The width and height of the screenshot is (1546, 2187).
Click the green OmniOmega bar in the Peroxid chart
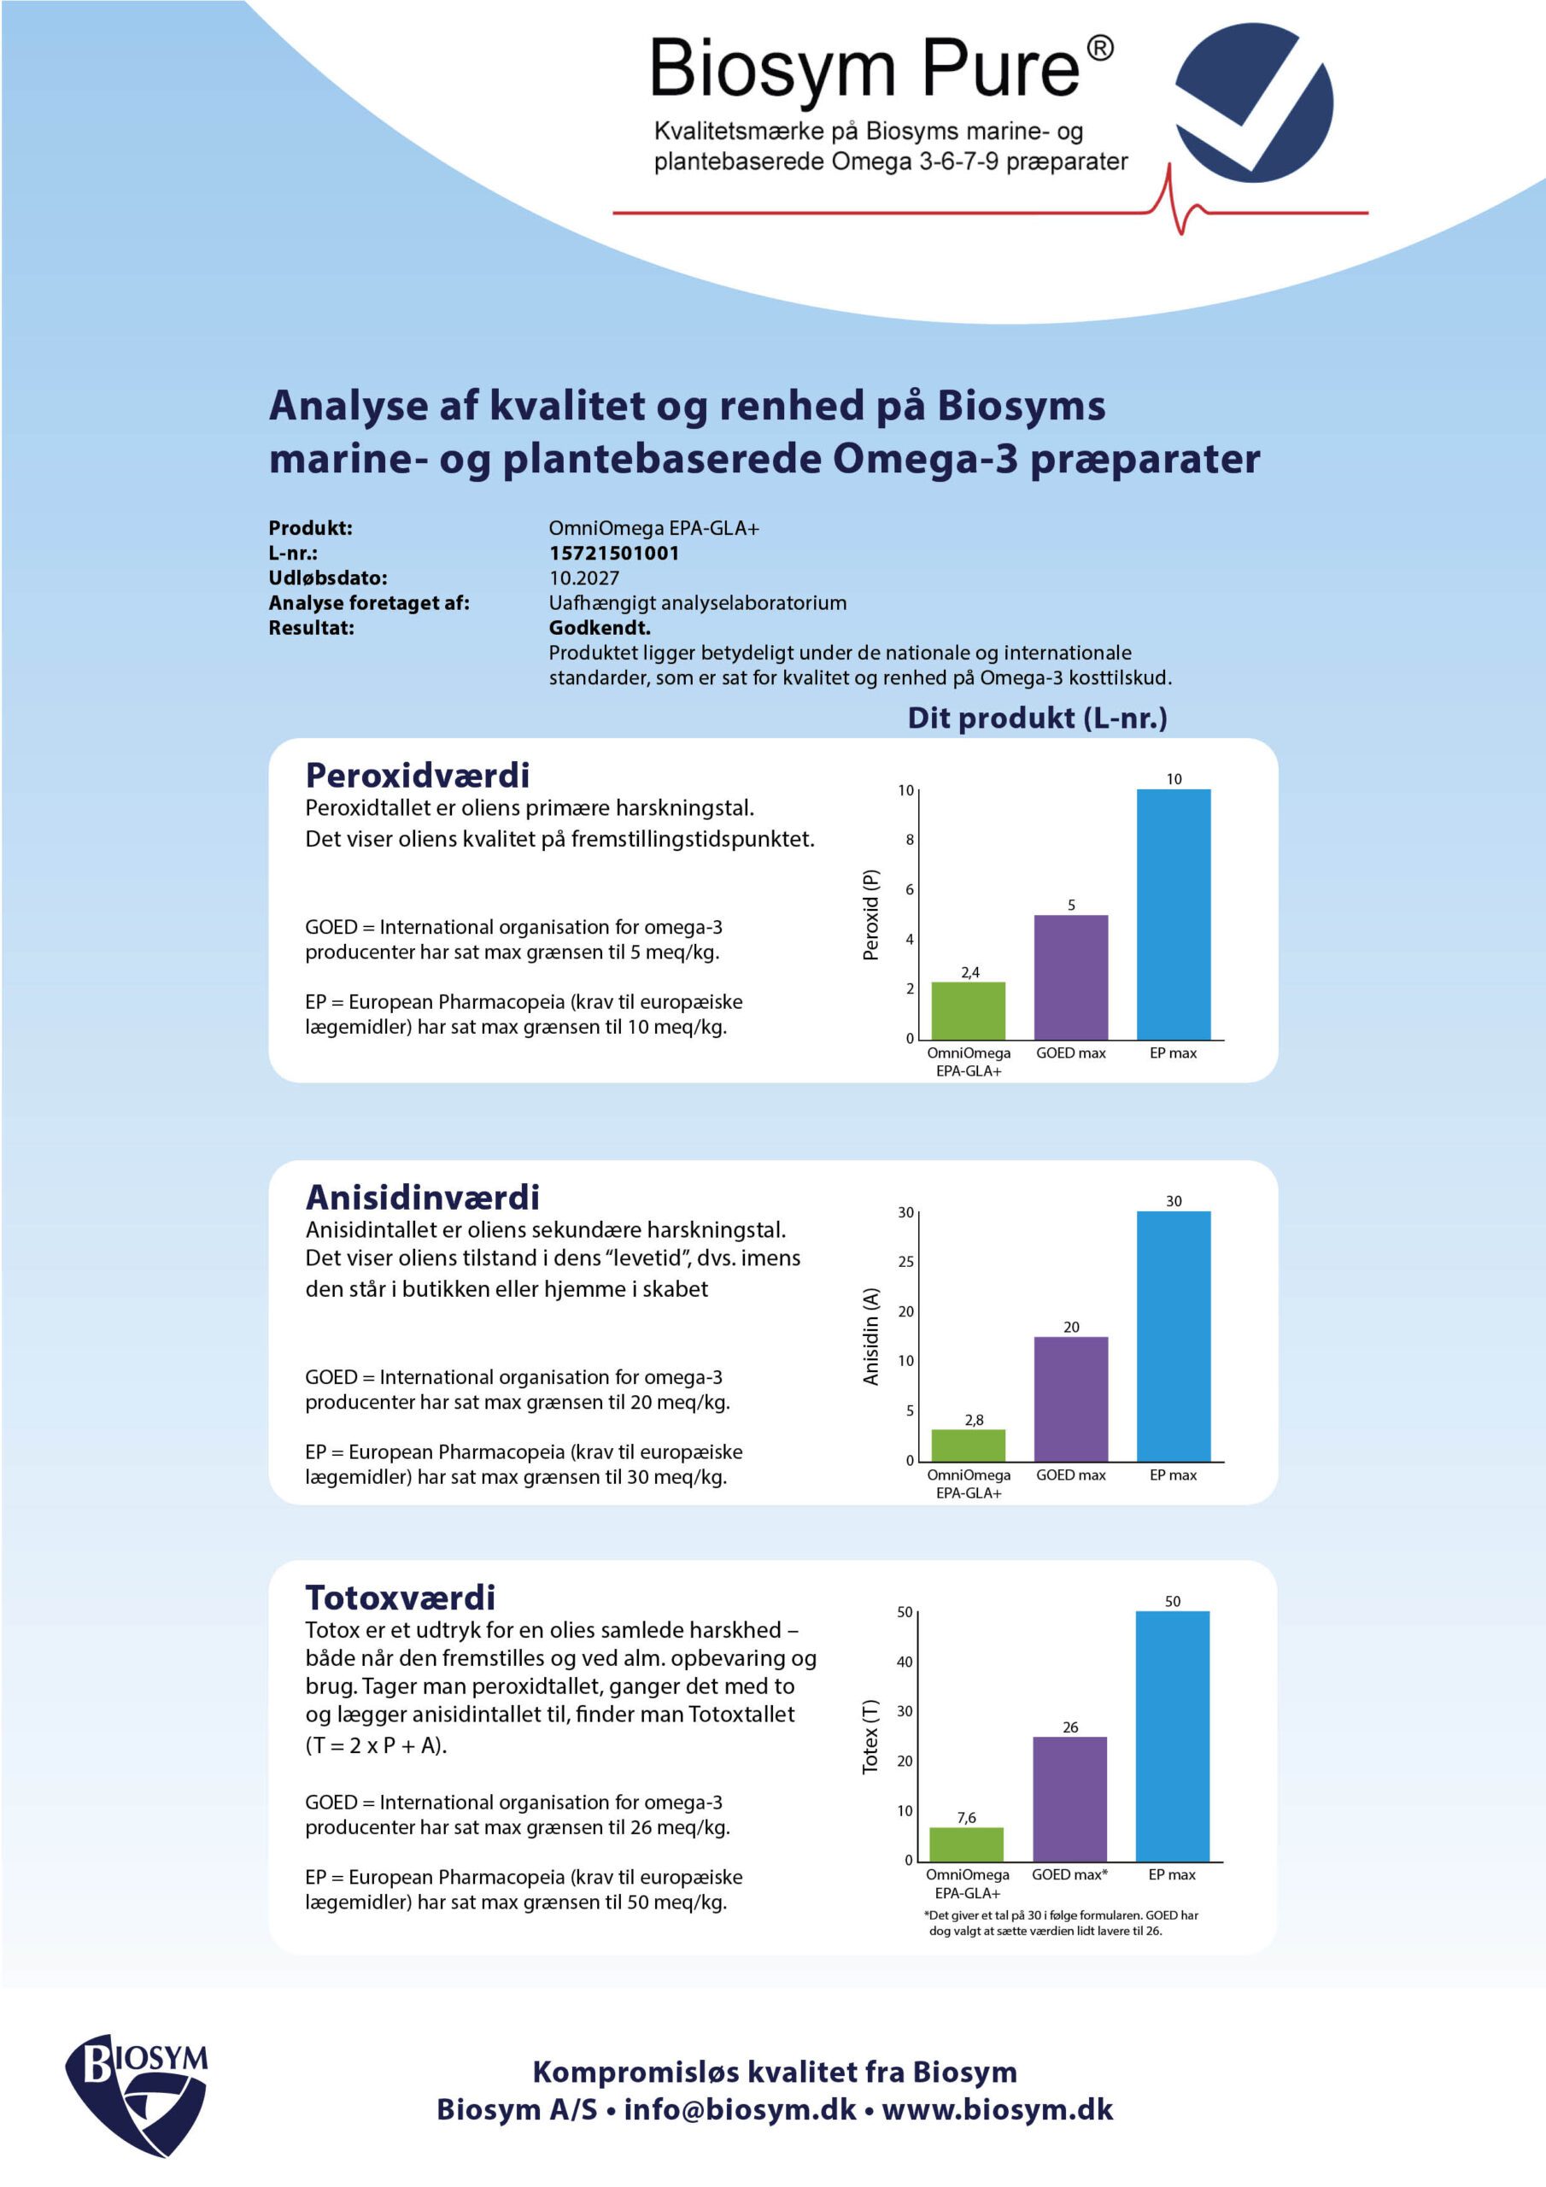point(968,1011)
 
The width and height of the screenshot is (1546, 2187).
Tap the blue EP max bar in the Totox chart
point(1172,1735)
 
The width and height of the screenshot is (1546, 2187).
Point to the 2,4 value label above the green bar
point(969,972)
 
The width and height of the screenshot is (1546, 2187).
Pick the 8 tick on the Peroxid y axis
point(910,840)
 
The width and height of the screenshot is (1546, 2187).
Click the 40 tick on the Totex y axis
point(905,1662)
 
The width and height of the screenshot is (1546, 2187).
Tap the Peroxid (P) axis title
point(870,914)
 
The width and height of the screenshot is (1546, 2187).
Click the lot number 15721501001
point(613,554)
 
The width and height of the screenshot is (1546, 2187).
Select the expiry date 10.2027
point(584,578)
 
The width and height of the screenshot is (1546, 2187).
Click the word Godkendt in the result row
point(599,628)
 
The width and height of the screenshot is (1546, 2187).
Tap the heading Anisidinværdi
point(422,1198)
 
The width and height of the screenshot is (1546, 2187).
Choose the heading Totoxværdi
point(400,1598)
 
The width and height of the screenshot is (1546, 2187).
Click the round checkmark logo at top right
point(1254,103)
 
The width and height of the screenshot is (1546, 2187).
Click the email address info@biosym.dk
point(741,2109)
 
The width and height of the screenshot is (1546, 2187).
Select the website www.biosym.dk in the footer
point(997,2109)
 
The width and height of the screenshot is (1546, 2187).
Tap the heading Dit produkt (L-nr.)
point(1036,718)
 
